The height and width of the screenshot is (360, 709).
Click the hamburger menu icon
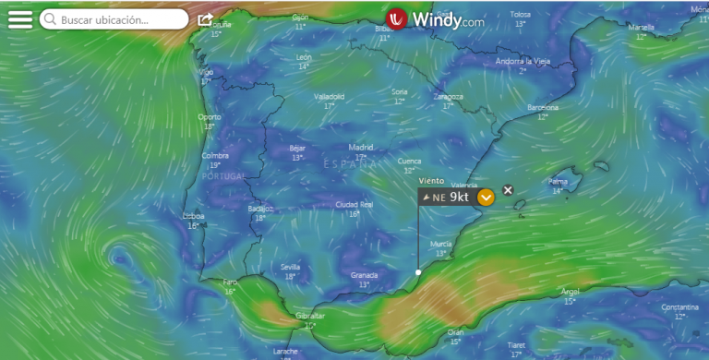click(19, 19)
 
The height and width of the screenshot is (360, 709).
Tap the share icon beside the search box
click(205, 19)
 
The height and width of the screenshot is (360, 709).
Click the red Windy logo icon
click(397, 19)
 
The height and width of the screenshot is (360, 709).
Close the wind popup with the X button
click(508, 190)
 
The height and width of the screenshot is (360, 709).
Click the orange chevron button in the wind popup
click(487, 197)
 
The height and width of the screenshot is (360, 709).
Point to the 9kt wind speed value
click(460, 197)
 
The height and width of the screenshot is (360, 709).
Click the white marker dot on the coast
click(418, 272)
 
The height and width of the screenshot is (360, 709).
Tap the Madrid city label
click(361, 147)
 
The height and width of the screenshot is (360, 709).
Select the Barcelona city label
click(543, 107)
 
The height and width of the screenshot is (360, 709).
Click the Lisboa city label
click(194, 216)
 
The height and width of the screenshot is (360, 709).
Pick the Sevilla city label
click(291, 267)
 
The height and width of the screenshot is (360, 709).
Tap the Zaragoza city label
click(449, 96)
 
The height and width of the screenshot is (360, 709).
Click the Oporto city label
click(210, 117)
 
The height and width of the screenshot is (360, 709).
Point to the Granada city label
click(365, 275)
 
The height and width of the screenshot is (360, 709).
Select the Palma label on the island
click(559, 181)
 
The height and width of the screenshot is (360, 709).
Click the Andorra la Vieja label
click(523, 61)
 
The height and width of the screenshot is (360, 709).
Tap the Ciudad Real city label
click(354, 204)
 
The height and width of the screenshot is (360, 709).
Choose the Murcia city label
click(441, 244)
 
